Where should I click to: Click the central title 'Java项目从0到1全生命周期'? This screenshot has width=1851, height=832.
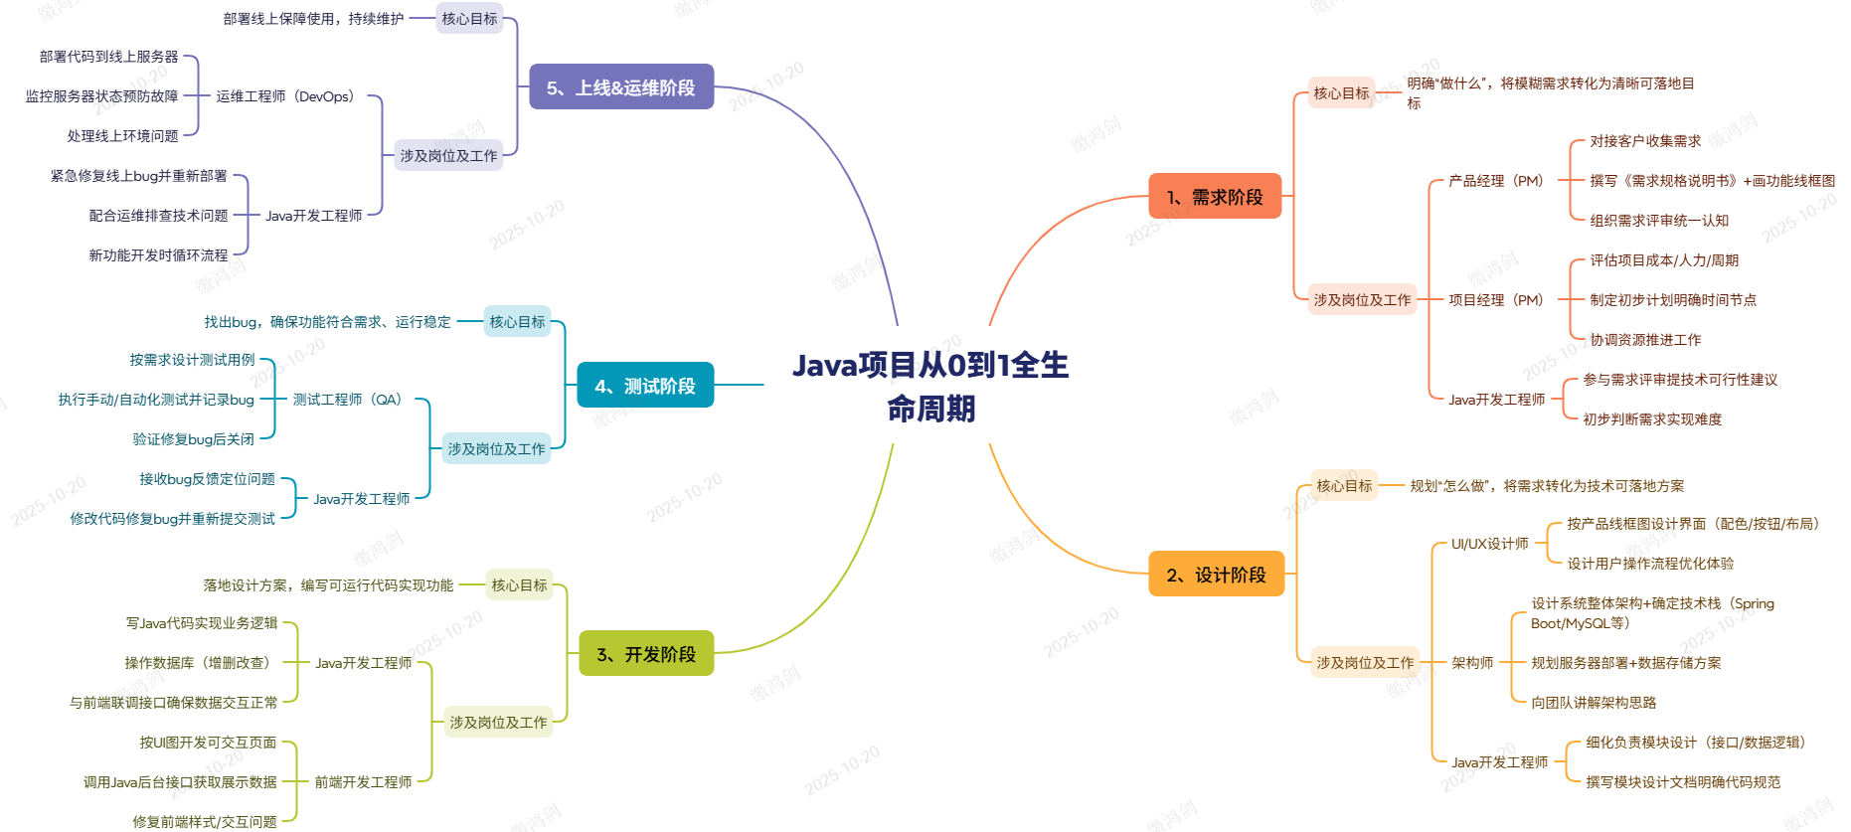pyautogui.click(x=929, y=386)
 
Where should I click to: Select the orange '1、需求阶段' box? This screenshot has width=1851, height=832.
pyautogui.click(x=1215, y=197)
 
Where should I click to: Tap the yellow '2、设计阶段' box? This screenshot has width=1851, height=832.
pyautogui.click(x=1216, y=575)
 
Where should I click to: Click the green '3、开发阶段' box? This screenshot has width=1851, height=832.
pyautogui.click(x=646, y=654)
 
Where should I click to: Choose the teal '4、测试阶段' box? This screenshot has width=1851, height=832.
pyautogui.click(x=645, y=386)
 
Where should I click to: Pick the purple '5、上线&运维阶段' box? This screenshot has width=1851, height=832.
pyautogui.click(x=621, y=87)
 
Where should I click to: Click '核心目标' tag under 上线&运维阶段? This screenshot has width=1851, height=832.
pyautogui.click(x=469, y=19)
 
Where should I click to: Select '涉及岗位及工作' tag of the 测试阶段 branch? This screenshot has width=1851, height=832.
pyautogui.click(x=496, y=449)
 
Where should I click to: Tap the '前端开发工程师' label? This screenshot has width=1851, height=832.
pyautogui.click(x=363, y=782)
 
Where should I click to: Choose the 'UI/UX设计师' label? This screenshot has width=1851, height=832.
pyautogui.click(x=1489, y=544)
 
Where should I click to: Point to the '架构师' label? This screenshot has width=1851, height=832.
pyautogui.click(x=1472, y=663)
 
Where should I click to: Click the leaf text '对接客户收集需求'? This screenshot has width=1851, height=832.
pyautogui.click(x=1645, y=141)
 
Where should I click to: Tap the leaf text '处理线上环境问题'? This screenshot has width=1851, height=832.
pyautogui.click(x=122, y=136)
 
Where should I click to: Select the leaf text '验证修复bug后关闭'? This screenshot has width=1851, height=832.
pyautogui.click(x=194, y=439)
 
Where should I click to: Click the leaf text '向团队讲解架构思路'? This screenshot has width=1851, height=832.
pyautogui.click(x=1594, y=703)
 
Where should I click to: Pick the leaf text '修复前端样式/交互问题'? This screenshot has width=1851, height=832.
pyautogui.click(x=205, y=822)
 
